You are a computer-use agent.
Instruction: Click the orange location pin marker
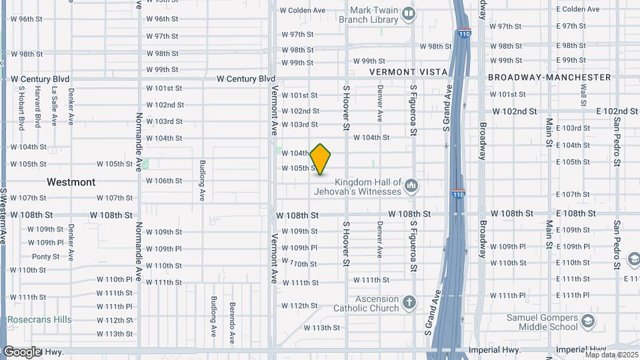tap(321, 159)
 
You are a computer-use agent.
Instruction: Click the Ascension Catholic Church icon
tap(410, 303)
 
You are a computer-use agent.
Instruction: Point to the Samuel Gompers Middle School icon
tap(588, 322)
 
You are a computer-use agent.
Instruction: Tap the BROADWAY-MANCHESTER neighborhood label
tap(549, 77)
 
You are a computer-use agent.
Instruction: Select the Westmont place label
tap(71, 182)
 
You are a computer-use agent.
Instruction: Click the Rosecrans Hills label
tap(39, 320)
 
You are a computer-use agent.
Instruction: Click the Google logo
tap(22, 351)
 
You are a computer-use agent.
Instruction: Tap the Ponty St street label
tap(45, 257)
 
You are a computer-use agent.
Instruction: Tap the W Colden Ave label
tap(302, 11)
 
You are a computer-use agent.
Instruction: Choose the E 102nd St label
tap(612, 111)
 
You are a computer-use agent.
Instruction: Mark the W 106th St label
tap(164, 181)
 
